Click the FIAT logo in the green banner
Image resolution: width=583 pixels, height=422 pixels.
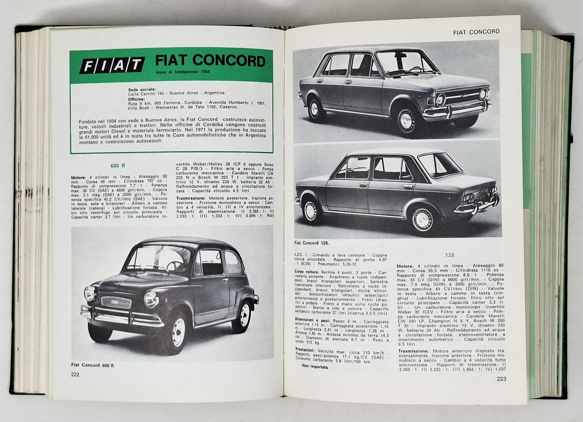pos(112,65)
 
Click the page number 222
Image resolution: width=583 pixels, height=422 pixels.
pos(75,374)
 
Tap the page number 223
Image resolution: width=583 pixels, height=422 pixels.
pos(501,379)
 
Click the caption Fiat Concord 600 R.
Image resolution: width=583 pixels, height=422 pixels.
pos(93,365)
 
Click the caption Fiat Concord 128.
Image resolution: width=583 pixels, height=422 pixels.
pos(312,243)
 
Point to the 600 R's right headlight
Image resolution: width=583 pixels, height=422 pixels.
pos(151,299)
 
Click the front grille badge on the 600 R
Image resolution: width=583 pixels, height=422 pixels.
pos(116,302)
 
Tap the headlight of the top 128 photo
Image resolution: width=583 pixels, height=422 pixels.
pos(440,100)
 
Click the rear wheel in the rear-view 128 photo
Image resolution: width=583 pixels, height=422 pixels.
pos(422,219)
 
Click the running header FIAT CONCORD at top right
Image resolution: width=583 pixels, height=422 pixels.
pos(476,31)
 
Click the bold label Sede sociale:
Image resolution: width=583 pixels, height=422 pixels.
pos(142,89)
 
